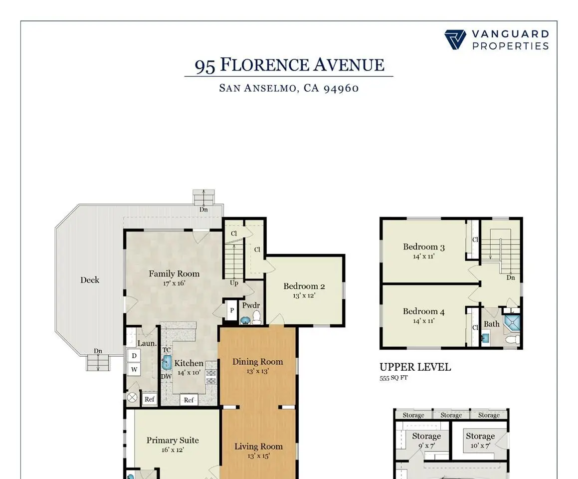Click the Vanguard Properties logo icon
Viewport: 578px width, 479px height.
(x=455, y=40)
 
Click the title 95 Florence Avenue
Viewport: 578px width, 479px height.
(x=289, y=65)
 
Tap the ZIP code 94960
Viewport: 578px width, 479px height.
(x=341, y=88)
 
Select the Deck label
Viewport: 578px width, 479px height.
(x=90, y=280)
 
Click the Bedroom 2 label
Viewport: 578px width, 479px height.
(x=304, y=286)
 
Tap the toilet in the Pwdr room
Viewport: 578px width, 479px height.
(x=256, y=317)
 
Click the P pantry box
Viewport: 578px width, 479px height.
(x=232, y=310)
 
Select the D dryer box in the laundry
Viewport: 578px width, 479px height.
(x=133, y=356)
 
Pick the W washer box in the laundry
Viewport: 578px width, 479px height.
(x=134, y=370)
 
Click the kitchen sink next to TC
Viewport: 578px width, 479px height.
(x=167, y=362)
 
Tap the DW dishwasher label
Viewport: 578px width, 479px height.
(x=166, y=376)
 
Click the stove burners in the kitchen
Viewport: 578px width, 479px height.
(x=211, y=377)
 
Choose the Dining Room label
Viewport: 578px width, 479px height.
(x=257, y=362)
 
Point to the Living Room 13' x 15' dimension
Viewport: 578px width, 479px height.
(x=258, y=456)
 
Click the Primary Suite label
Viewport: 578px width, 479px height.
(x=173, y=440)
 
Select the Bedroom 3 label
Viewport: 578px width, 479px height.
(x=424, y=247)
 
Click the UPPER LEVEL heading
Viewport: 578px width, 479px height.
(x=415, y=367)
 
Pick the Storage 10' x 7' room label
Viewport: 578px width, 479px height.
(x=480, y=436)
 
